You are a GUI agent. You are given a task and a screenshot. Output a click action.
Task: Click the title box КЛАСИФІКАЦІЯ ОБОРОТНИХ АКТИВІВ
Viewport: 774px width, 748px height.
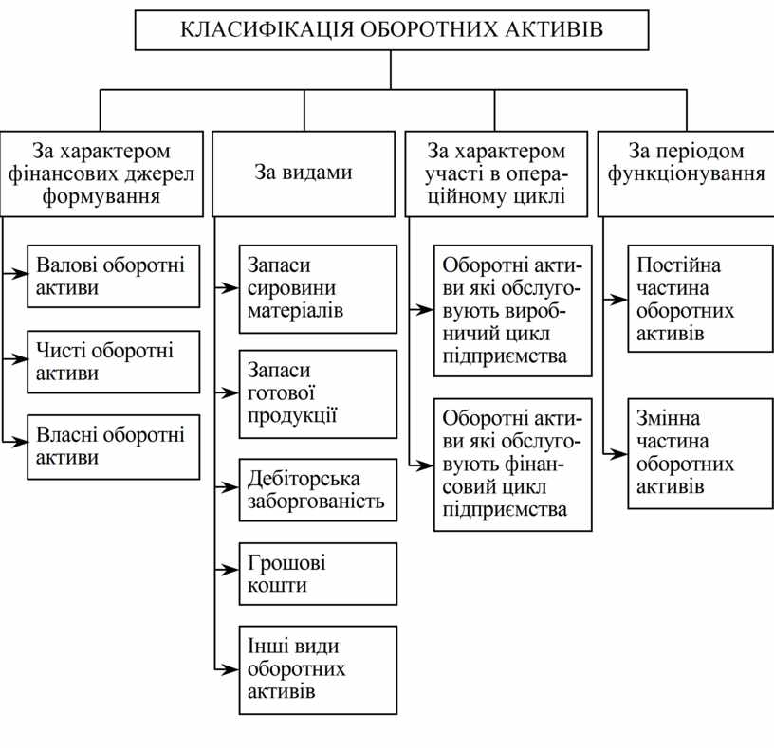[391, 29]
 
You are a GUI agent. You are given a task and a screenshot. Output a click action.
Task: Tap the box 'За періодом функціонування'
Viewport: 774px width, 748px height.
[687, 173]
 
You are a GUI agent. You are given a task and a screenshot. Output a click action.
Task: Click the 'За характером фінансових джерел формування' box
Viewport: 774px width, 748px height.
[101, 173]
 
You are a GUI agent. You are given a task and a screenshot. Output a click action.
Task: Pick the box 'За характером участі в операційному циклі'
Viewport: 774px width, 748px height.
[496, 173]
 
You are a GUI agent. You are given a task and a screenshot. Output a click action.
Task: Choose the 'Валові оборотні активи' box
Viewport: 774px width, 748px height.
[113, 276]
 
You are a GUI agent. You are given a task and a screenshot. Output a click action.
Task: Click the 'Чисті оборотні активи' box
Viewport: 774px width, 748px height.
[113, 361]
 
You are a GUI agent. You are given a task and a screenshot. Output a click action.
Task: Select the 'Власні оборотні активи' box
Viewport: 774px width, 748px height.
[113, 446]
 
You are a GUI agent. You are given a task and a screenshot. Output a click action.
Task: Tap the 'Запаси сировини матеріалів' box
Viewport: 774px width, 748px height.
[317, 289]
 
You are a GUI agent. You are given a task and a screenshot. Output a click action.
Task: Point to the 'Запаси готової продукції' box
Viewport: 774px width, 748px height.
[317, 394]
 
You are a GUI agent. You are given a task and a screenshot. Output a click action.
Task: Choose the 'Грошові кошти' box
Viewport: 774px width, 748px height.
[317, 574]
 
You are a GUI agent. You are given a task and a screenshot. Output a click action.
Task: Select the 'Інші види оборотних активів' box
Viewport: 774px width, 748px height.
[317, 669]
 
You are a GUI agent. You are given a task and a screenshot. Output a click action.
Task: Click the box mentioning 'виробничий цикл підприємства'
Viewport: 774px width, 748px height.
[513, 310]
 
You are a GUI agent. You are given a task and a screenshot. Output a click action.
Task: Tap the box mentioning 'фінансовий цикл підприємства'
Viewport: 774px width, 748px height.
[513, 464]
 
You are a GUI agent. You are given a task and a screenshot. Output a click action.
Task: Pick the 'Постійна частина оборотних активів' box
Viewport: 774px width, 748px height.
[700, 299]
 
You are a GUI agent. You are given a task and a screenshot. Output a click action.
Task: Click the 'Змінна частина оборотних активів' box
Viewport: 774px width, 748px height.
[700, 453]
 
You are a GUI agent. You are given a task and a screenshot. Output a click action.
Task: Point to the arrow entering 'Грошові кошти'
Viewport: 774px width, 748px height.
[227, 571]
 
